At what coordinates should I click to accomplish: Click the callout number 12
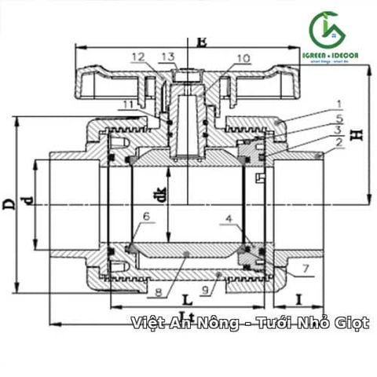[x=139, y=57]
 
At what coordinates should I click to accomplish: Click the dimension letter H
[x=357, y=134]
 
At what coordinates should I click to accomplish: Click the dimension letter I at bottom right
[x=299, y=300]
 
